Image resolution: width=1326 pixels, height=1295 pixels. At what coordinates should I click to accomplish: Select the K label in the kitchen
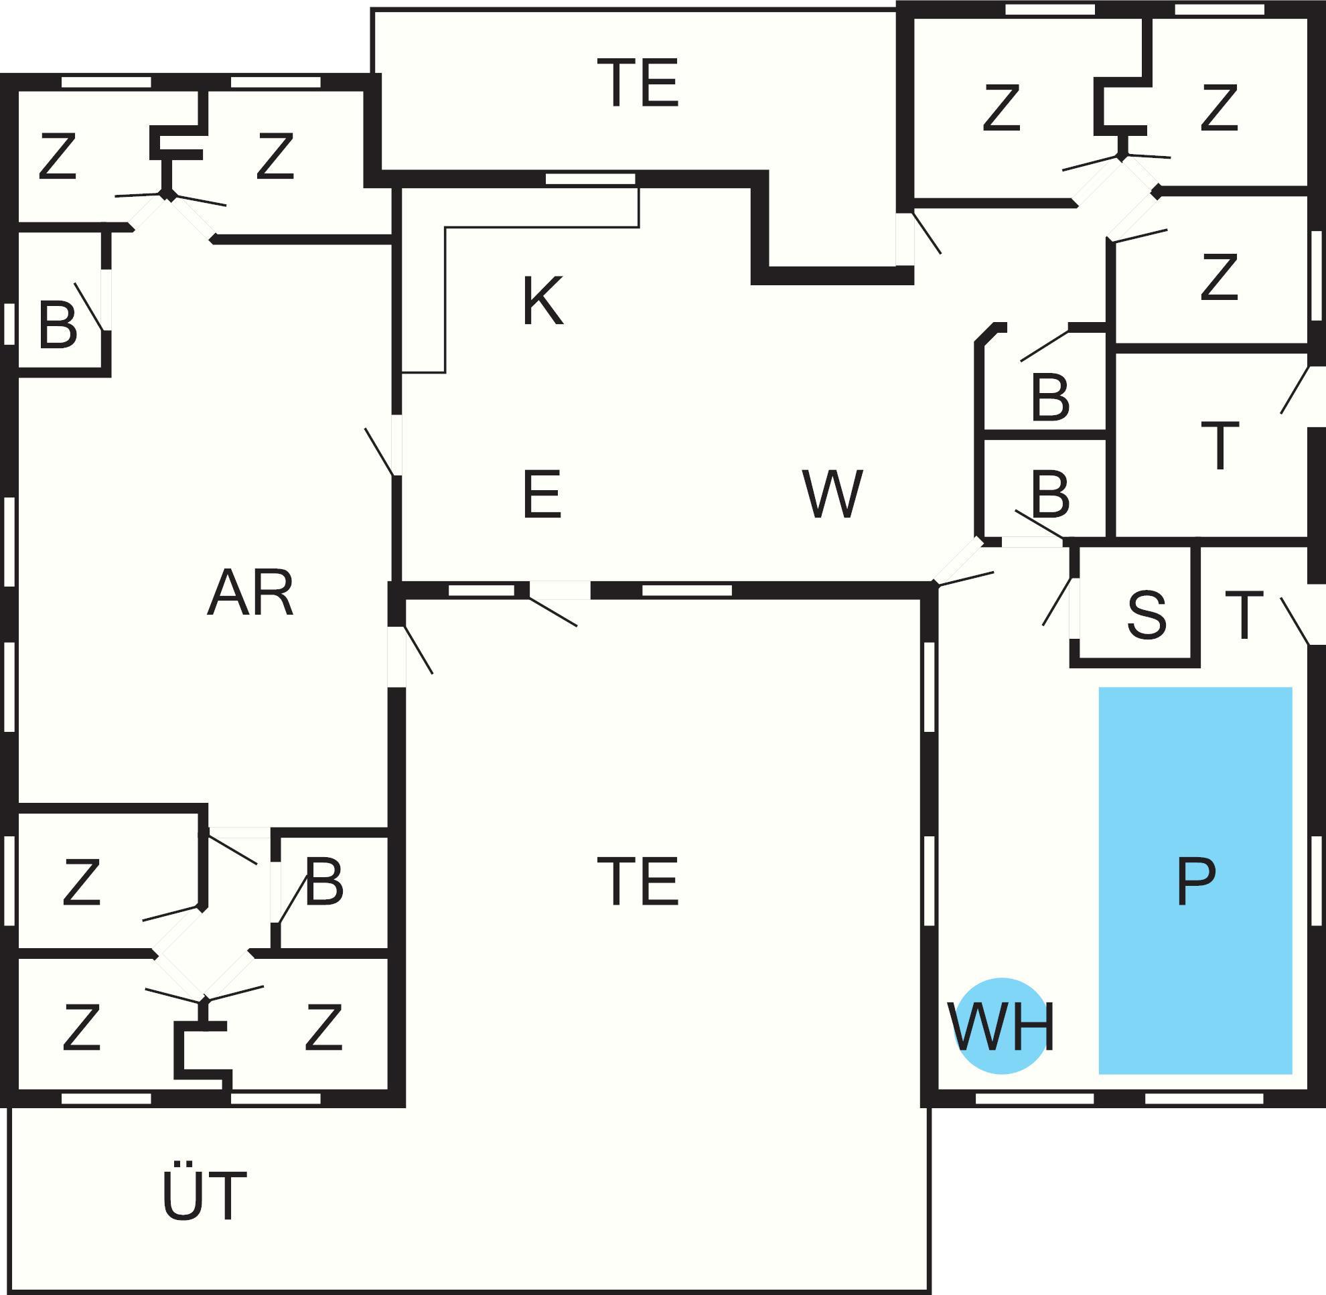pyautogui.click(x=543, y=301)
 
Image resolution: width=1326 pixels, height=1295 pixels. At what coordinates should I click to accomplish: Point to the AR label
pyautogui.click(x=250, y=594)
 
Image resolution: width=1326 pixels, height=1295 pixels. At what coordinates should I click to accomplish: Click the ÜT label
pyautogui.click(x=204, y=1197)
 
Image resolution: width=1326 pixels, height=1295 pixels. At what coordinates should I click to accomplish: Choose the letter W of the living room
pyautogui.click(x=832, y=493)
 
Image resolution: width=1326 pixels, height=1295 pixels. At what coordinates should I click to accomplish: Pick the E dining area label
pyautogui.click(x=542, y=493)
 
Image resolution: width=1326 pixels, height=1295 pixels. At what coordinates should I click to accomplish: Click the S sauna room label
pyautogui.click(x=1147, y=615)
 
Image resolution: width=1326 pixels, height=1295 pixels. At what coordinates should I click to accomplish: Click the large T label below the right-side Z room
pyautogui.click(x=1220, y=445)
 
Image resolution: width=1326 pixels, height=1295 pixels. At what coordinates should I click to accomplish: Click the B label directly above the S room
pyautogui.click(x=1050, y=494)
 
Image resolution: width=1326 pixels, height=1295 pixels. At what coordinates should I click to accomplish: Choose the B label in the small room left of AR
pyautogui.click(x=57, y=326)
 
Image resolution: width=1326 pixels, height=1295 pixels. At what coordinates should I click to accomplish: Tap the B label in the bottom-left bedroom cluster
pyautogui.click(x=324, y=883)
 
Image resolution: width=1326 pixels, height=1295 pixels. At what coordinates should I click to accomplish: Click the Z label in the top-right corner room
pyautogui.click(x=1218, y=106)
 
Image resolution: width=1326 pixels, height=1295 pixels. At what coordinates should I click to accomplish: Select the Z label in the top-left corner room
pyautogui.click(x=57, y=157)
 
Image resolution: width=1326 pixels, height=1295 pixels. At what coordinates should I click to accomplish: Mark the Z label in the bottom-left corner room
pyautogui.click(x=82, y=1027)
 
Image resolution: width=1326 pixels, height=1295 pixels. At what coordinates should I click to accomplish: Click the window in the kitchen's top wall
pyautogui.click(x=590, y=179)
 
